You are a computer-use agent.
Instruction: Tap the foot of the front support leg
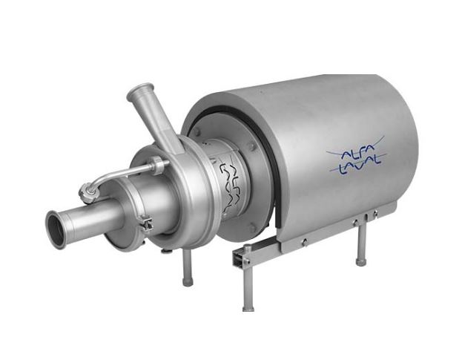click(x=248, y=307)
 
